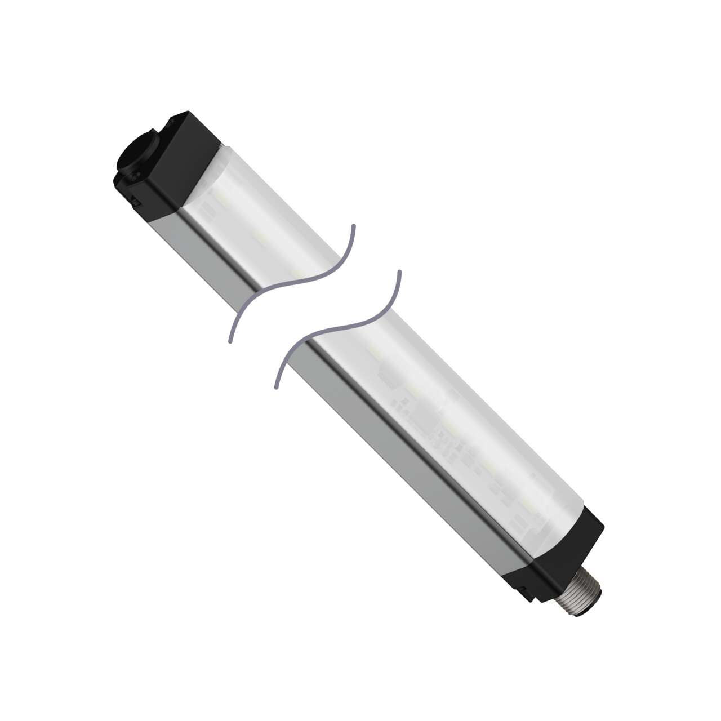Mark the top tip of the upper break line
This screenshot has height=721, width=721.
point(354,226)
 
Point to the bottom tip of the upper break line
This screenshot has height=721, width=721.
point(230,342)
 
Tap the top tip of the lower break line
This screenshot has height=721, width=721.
point(399,272)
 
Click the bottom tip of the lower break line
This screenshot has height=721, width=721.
point(276,388)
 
